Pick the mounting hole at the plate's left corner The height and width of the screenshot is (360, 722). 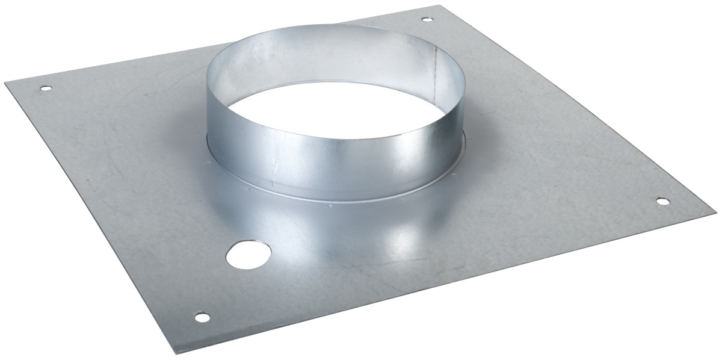click(45, 89)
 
